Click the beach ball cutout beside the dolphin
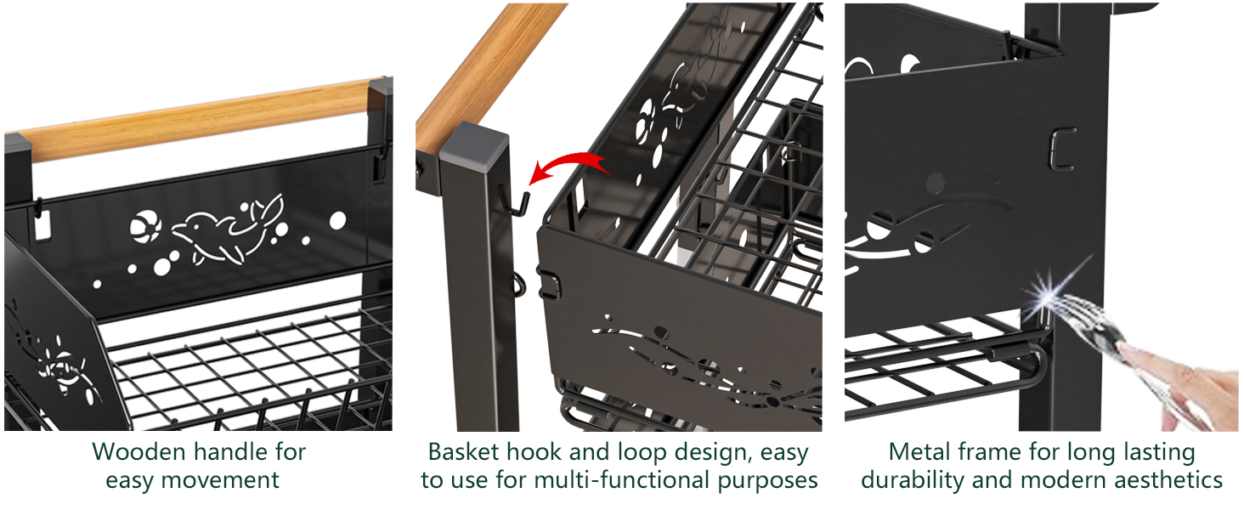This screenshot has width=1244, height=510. click(x=141, y=226)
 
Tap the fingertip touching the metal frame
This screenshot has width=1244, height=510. click(x=1126, y=351)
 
